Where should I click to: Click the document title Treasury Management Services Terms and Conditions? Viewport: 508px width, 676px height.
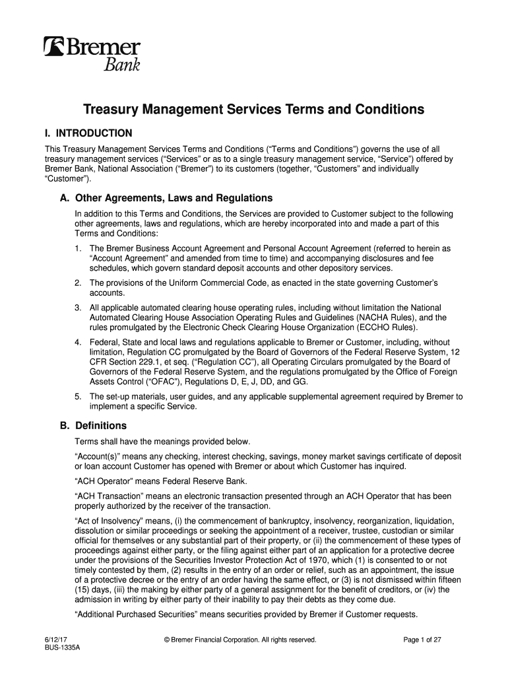253,110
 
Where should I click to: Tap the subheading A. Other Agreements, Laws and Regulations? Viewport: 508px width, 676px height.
162,198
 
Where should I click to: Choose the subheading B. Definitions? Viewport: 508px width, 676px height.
93,425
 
